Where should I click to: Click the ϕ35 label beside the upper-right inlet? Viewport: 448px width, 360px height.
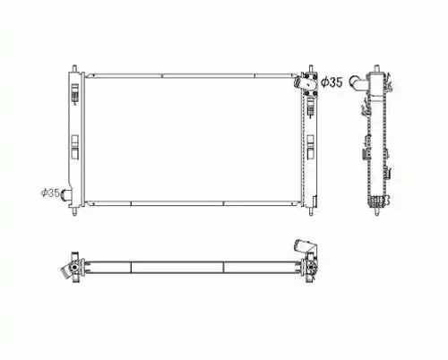click(x=332, y=82)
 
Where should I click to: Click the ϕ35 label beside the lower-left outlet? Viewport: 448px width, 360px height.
click(x=50, y=193)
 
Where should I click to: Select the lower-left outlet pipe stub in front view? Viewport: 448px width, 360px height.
click(x=65, y=195)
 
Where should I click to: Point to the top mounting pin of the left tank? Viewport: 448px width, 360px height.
click(x=74, y=68)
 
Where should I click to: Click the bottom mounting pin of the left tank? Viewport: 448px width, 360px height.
click(x=74, y=210)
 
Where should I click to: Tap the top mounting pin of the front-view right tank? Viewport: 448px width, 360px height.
click(x=311, y=68)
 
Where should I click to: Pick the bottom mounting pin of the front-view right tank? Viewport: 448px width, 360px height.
click(x=311, y=211)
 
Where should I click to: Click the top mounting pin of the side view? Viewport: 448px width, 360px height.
click(x=377, y=68)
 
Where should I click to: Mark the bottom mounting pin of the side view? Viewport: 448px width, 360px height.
click(x=377, y=211)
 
